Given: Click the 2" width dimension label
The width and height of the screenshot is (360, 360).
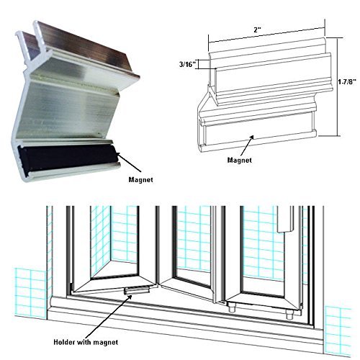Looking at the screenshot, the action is tap(258, 30).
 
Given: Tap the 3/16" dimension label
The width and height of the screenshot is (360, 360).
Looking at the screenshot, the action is tap(188, 64).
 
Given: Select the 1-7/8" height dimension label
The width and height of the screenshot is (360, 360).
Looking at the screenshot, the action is tap(347, 82).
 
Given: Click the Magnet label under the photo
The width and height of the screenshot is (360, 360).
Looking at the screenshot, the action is tap(140, 179).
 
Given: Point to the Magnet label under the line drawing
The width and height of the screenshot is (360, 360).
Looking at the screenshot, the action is tap(240, 160).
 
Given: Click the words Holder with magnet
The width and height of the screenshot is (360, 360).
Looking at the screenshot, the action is tap(86, 342).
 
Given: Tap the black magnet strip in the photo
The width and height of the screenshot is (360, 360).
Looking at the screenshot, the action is tap(67, 157).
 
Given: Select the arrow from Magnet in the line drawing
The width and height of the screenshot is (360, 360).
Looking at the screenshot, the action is tap(246, 145).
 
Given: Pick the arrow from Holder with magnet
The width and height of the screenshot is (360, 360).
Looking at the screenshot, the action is tap(109, 316).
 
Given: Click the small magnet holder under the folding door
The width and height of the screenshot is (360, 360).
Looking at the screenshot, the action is tap(137, 290).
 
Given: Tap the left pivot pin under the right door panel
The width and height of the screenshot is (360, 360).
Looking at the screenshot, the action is tap(232, 307).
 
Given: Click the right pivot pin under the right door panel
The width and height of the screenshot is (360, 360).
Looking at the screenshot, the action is tap(289, 314).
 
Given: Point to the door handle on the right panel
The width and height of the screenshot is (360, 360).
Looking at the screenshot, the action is tap(285, 220).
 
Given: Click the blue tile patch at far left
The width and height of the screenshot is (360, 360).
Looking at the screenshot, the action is tap(30, 294).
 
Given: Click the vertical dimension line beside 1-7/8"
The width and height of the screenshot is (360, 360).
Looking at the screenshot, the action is tap(338, 86).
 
